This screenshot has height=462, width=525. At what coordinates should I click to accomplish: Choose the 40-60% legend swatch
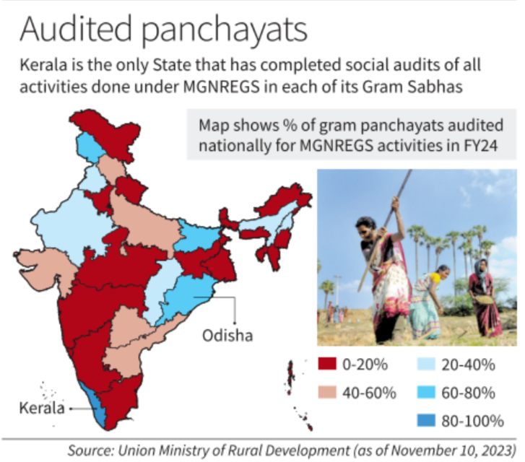[x=329, y=393]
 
